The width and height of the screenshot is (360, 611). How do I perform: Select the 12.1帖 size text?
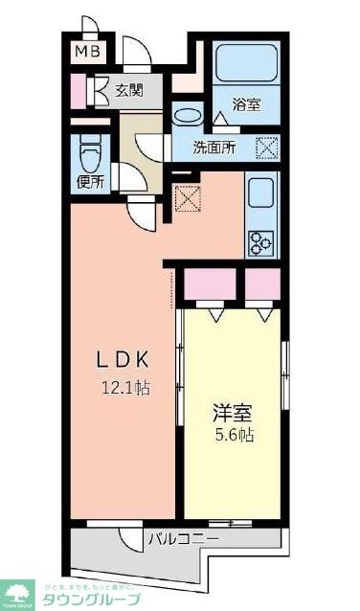[129, 388]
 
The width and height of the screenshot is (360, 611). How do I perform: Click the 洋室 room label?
[233, 414]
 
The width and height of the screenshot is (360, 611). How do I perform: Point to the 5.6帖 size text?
[233, 436]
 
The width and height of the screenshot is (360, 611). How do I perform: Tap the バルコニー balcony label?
[183, 539]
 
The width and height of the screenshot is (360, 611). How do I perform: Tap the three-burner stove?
[261, 243]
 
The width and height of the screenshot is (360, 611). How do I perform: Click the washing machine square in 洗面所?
[267, 147]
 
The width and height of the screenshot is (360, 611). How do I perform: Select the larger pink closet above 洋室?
[210, 285]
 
